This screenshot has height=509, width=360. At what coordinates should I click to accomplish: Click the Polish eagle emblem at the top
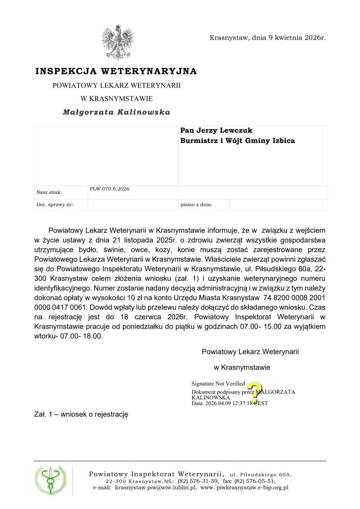(118, 42)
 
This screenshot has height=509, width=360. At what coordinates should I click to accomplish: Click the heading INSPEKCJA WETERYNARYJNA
(116, 71)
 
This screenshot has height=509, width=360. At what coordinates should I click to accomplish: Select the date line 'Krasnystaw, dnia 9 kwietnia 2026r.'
(268, 38)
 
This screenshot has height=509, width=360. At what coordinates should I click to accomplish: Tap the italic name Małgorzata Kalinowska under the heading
(116, 112)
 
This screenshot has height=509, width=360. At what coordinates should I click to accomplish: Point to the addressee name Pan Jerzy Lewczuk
(217, 131)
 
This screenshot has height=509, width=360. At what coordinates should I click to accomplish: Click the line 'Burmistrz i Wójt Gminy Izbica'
(238, 141)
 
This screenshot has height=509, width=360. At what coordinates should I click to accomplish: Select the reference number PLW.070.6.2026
(110, 189)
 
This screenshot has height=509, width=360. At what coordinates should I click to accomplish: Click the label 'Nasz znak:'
(49, 192)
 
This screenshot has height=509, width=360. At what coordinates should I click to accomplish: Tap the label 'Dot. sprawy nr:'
(55, 205)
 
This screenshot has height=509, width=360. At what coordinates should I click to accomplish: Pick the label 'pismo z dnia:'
(196, 205)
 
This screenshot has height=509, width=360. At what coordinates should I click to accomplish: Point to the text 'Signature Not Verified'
(218, 384)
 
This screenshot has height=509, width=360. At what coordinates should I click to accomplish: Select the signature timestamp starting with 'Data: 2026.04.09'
(229, 404)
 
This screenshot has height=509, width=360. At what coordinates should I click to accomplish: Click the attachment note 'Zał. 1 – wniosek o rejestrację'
(81, 414)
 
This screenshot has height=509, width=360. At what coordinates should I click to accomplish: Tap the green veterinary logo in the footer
(50, 480)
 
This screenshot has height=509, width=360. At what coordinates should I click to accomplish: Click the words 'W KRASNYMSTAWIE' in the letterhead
(117, 98)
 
